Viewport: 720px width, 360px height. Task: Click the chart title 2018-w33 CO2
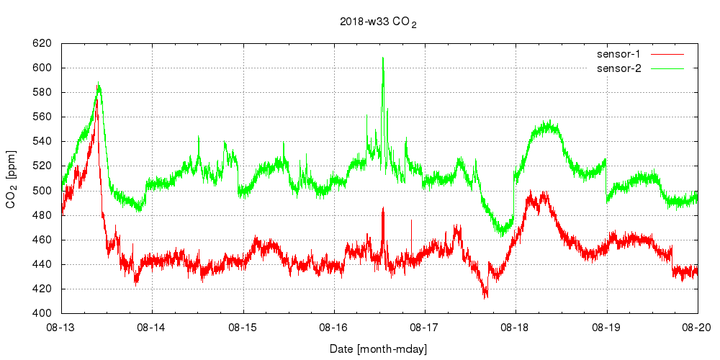(x=378, y=22)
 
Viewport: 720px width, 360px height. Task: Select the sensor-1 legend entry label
(x=624, y=54)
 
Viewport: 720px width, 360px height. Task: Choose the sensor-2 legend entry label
(x=624, y=68)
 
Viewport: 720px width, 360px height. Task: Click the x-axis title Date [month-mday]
(x=379, y=349)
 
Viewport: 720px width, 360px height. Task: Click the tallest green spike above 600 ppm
(x=383, y=58)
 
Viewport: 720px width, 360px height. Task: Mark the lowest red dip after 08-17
(x=486, y=297)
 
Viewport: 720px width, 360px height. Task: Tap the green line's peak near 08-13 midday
(x=98, y=83)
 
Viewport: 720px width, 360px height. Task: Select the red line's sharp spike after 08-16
(x=383, y=209)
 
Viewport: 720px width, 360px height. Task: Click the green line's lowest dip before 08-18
(x=502, y=235)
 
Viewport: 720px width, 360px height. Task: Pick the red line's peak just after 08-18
(x=531, y=192)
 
